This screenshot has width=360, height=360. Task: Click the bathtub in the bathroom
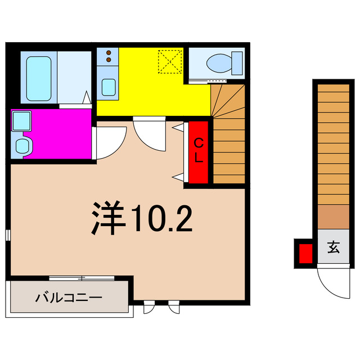(x=39, y=77)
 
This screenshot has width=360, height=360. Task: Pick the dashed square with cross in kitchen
(x=170, y=61)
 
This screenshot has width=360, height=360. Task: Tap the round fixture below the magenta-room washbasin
(x=22, y=146)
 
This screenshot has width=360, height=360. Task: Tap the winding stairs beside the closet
(x=229, y=135)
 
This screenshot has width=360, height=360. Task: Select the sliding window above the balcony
(x=82, y=278)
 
